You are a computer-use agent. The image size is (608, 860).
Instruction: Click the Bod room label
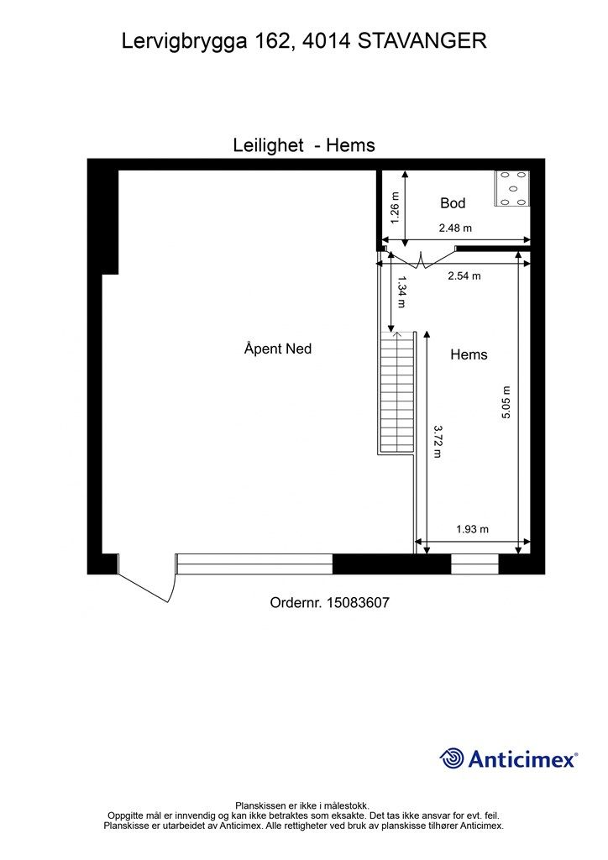pos(453,203)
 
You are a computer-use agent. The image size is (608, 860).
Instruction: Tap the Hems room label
pos(469,355)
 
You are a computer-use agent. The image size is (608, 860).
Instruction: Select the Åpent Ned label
pos(278,349)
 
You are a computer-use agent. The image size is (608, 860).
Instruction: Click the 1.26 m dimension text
pos(396,208)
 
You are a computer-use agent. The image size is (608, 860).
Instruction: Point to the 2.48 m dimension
pos(455,228)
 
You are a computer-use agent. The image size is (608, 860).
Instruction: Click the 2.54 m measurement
pos(464,275)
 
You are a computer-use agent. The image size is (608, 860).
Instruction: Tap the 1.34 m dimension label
pos(401,291)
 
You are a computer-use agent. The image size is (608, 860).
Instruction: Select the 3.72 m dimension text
pos(438,442)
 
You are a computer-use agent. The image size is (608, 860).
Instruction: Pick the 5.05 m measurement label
pos(506,402)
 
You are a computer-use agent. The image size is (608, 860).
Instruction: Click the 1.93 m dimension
pos(473,529)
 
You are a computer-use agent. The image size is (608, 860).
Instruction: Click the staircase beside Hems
pos(397,392)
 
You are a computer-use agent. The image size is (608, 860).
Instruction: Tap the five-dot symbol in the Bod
pos(512,188)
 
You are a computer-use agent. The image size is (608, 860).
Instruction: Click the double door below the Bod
pos(421,258)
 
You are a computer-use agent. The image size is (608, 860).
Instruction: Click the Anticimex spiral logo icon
pos(452,758)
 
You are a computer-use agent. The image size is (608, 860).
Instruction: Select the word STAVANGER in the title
pos(422,41)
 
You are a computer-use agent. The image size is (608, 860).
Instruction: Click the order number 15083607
pos(358,603)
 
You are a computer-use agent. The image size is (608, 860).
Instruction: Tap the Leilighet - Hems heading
pos(304,145)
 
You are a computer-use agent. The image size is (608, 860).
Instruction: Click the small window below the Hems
pos(474,564)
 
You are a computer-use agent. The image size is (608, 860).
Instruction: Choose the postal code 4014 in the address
pos(326,41)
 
